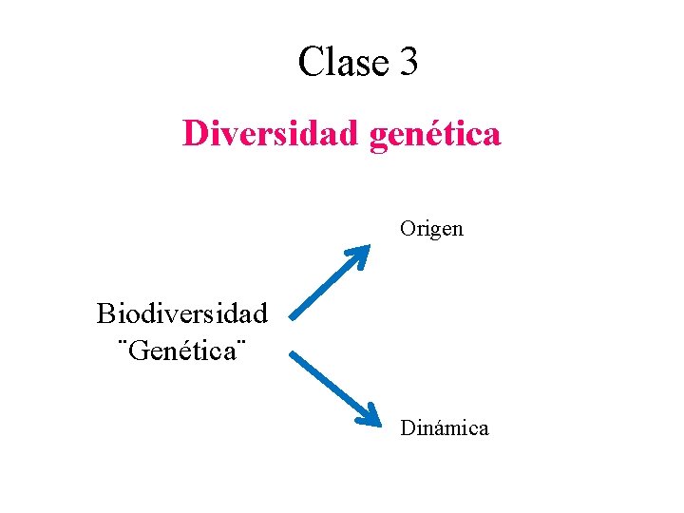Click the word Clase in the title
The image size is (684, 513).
click(343, 63)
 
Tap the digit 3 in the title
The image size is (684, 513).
click(408, 63)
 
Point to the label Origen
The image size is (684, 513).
click(431, 229)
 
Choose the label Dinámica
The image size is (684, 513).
click(444, 428)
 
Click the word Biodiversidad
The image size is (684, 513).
click(181, 312)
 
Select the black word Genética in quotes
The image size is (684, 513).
click(181, 351)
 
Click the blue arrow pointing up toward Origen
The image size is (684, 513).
click(329, 282)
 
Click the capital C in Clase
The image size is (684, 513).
click(311, 63)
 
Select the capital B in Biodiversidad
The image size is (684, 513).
click(105, 312)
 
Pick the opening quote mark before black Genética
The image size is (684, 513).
click(122, 341)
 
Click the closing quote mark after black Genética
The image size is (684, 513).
click(241, 341)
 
